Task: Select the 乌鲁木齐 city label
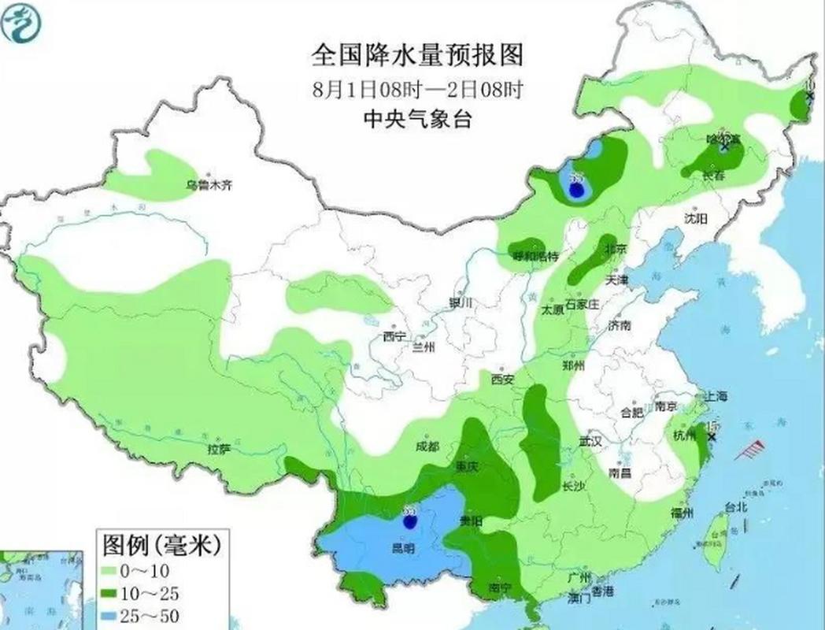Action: (209, 185)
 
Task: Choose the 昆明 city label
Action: (402, 547)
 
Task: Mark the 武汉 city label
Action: (590, 442)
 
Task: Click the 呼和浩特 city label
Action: (535, 256)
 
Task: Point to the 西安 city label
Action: (502, 380)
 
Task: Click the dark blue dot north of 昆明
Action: (409, 521)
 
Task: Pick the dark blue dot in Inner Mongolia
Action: (578, 190)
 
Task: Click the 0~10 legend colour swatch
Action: (109, 569)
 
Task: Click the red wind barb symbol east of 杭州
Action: (753, 450)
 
